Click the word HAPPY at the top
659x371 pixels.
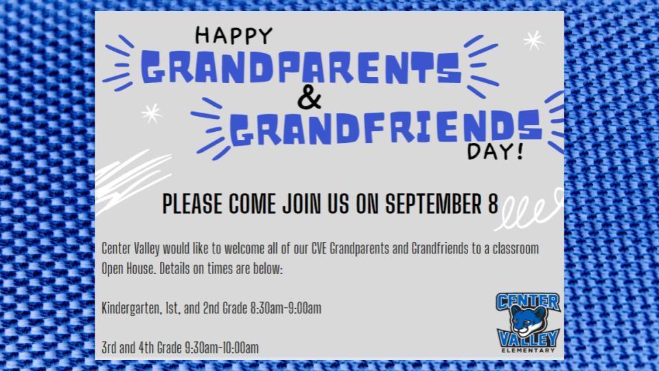pos(233,36)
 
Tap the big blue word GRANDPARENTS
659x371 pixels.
pos(301,67)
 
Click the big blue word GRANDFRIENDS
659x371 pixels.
pos(386,127)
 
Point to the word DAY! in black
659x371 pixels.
pos(496,151)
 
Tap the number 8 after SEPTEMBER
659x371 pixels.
pos(493,204)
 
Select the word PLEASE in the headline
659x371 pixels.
pos(192,204)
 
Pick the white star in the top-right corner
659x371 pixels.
pos(533,41)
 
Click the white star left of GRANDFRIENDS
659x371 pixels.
pos(152,113)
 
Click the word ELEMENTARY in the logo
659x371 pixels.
pos(528,350)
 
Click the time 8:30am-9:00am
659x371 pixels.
pos(286,308)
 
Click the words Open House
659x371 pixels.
pos(128,269)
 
